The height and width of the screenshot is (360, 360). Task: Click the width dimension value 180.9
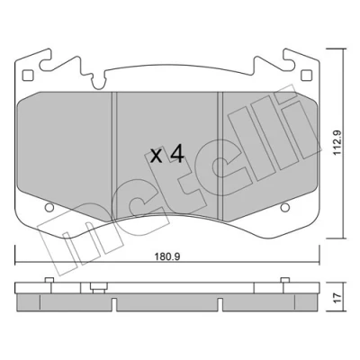tap(167, 256)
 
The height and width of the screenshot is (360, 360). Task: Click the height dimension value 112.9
tap(338, 142)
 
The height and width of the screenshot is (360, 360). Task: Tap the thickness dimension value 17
tap(338, 298)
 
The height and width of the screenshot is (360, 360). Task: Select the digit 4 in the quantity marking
tap(176, 155)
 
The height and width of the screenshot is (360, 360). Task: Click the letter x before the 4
tap(156, 157)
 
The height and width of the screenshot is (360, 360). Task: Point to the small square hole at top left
tap(27, 75)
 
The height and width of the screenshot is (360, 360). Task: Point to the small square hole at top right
tap(306, 75)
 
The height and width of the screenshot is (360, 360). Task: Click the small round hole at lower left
tap(49, 207)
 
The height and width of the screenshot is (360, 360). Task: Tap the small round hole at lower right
tap(284, 207)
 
